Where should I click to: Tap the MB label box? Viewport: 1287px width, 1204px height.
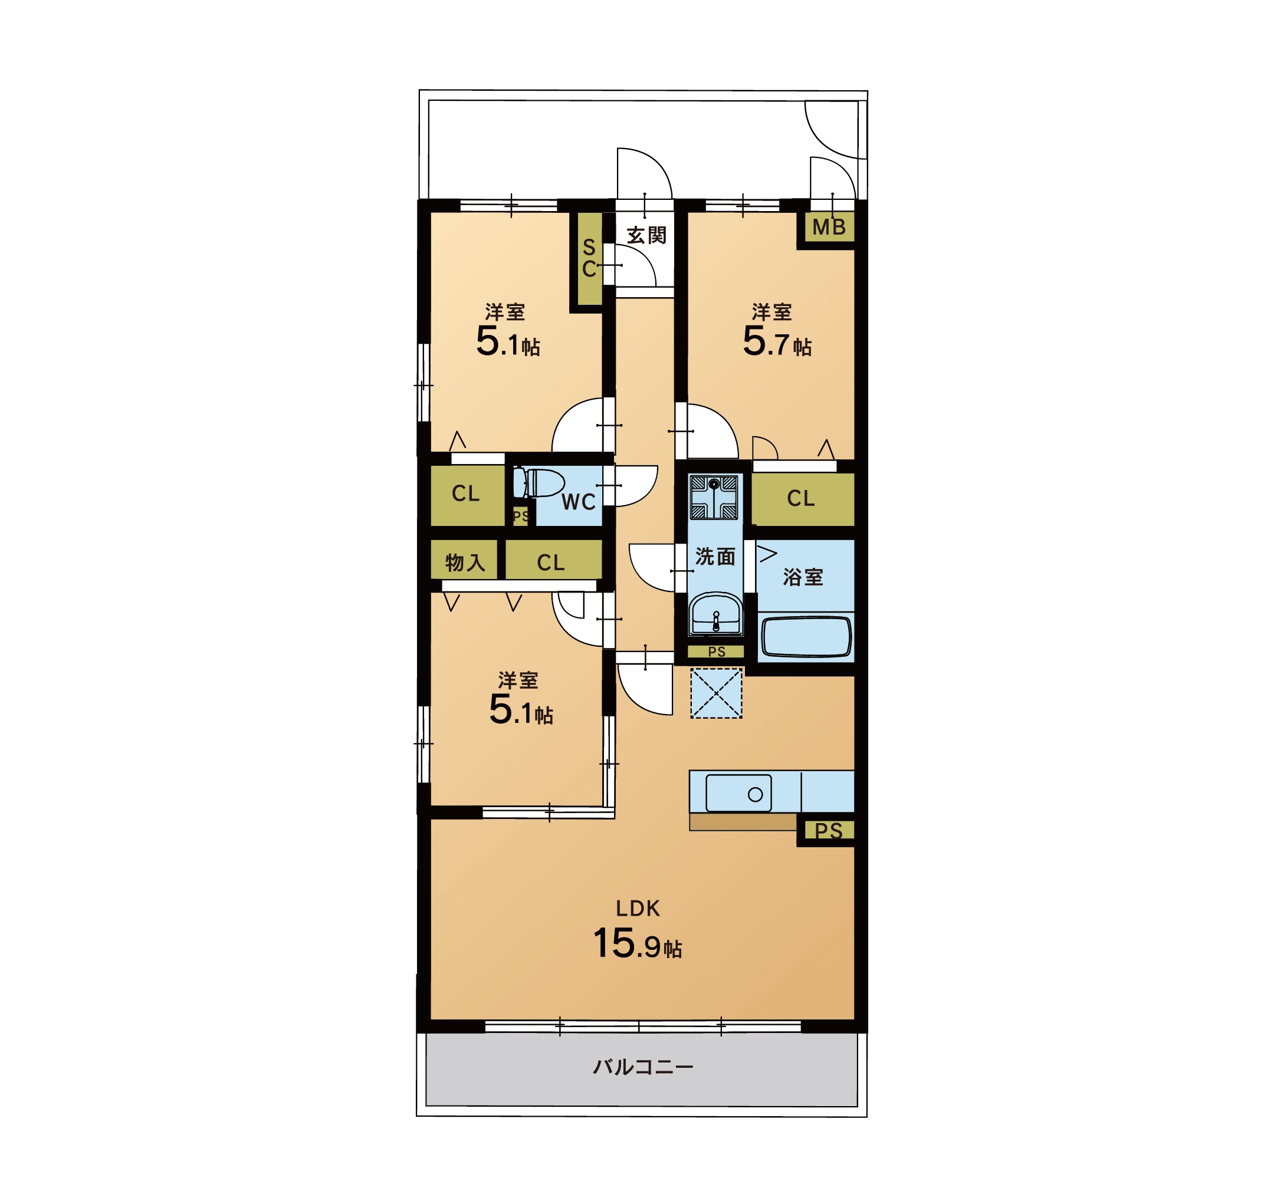(829, 227)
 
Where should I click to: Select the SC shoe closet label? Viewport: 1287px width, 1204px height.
(589, 258)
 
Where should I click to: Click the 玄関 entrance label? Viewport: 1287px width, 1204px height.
(646, 236)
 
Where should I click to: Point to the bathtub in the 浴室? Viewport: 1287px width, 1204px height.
(806, 637)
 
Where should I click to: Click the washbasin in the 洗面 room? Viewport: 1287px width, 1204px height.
(715, 614)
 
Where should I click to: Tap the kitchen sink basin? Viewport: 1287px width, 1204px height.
(738, 793)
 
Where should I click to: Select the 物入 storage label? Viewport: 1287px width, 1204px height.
(465, 562)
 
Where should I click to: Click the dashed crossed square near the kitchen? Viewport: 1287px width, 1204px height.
(716, 693)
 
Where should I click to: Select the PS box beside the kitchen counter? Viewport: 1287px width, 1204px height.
(829, 831)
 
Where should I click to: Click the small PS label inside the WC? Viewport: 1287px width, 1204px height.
(520, 517)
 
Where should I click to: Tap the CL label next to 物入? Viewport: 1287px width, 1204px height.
(551, 562)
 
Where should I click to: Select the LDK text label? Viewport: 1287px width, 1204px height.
(638, 909)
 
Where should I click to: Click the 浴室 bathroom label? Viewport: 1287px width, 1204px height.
(803, 577)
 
